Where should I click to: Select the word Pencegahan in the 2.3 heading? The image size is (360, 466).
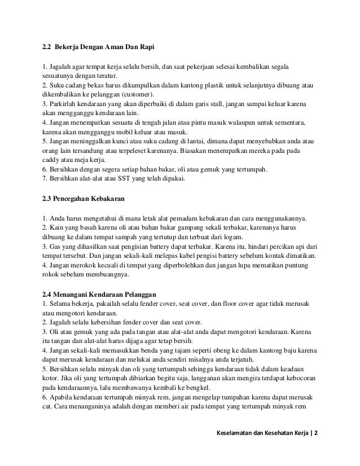click(76, 199)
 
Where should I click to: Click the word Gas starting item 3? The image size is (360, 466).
click(55, 247)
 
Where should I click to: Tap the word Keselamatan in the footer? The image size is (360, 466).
click(236, 435)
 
